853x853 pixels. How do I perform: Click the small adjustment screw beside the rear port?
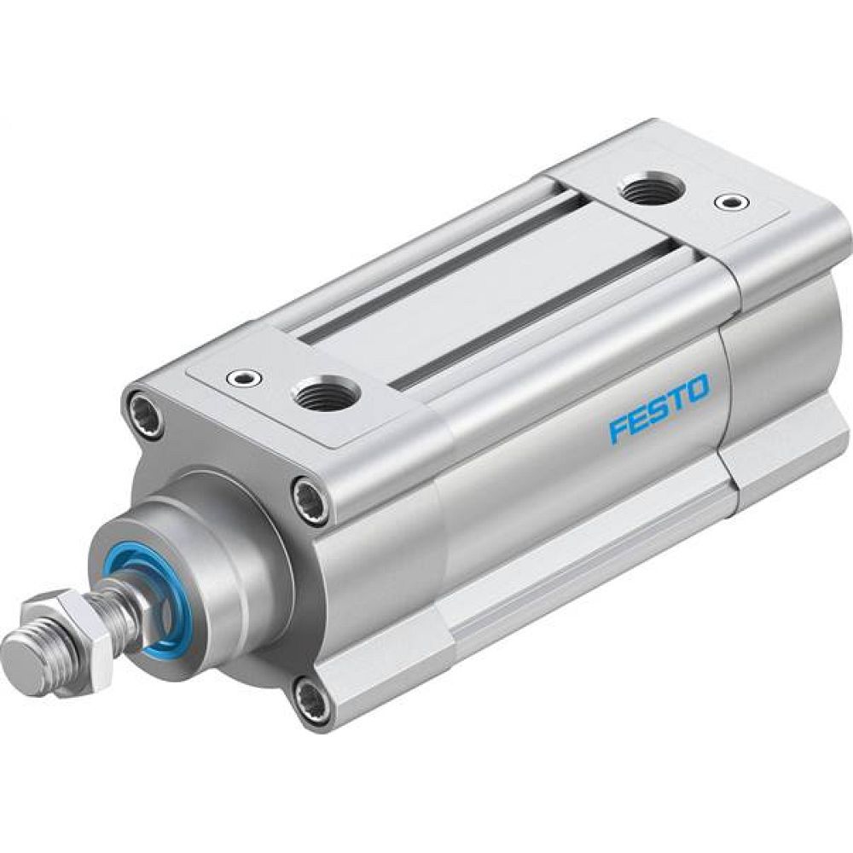tap(727, 202)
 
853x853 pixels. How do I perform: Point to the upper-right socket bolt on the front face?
tap(310, 498)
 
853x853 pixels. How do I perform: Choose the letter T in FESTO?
tap(676, 401)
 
